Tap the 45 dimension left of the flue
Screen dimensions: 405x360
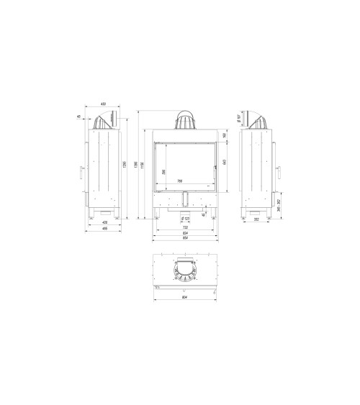pos(78,117)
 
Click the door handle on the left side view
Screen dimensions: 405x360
pos(80,173)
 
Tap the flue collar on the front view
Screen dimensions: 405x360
pos(186,120)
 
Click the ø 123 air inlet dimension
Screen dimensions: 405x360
pos(186,218)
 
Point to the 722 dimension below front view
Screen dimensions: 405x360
pos(186,228)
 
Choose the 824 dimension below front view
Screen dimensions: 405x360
pos(186,234)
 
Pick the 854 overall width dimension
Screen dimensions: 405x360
pos(186,240)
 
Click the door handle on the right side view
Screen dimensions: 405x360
pos(278,174)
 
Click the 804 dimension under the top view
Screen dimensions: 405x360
pos(186,298)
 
